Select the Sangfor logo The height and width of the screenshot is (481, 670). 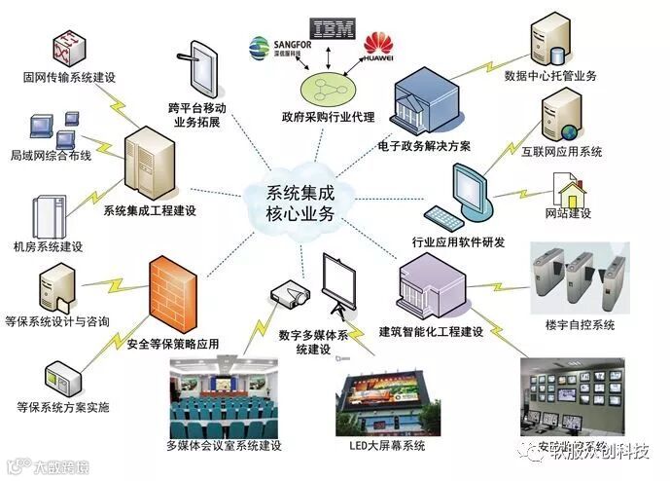point(275,49)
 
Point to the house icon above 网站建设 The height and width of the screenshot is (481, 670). point(568,188)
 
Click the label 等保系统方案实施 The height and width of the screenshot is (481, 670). point(63,406)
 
